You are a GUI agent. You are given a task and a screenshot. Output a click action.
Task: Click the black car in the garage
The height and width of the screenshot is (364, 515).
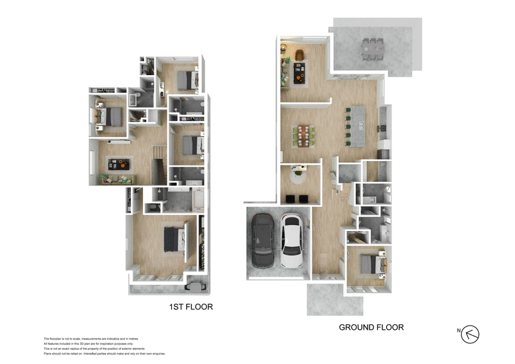point(263,242)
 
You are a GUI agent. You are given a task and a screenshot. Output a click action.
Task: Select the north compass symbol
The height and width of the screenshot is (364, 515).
point(471,333)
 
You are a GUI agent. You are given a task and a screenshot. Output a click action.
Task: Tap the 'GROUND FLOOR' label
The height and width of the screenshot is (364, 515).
point(371,327)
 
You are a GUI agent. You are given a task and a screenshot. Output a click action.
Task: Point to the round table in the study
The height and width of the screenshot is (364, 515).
point(298,172)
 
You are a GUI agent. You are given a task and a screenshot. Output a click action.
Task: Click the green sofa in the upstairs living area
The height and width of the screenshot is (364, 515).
point(117,179)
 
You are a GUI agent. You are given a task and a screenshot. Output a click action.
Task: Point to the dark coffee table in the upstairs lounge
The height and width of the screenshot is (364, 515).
point(118,162)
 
